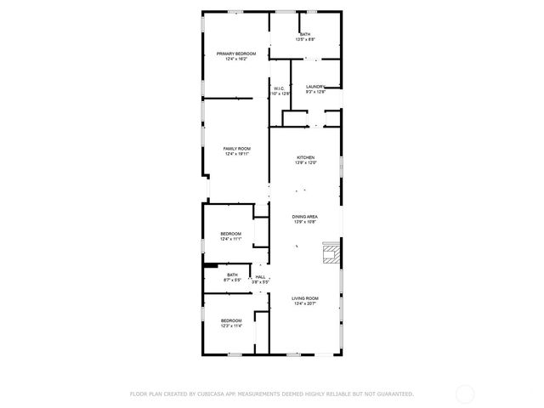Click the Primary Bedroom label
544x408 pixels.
(x=236, y=54)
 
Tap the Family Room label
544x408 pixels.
(x=236, y=148)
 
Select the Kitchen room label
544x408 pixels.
(x=305, y=157)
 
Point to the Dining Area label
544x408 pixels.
(x=305, y=217)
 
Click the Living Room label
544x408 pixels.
(x=305, y=297)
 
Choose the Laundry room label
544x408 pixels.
(x=316, y=86)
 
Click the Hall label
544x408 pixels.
(x=260, y=276)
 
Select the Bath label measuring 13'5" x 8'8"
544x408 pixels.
(x=305, y=34)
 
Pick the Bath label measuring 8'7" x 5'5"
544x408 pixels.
(x=232, y=275)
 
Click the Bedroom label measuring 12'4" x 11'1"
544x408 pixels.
(x=231, y=234)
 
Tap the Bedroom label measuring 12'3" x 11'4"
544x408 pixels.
(x=231, y=320)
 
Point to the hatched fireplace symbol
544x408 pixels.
(x=331, y=253)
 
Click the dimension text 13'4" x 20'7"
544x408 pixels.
(x=305, y=303)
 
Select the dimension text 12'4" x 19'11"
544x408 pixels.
(x=236, y=154)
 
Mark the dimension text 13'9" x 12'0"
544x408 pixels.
(x=305, y=163)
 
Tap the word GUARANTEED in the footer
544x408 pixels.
(x=394, y=394)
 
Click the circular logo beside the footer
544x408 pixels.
(x=465, y=394)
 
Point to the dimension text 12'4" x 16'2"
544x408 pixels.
(x=236, y=59)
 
